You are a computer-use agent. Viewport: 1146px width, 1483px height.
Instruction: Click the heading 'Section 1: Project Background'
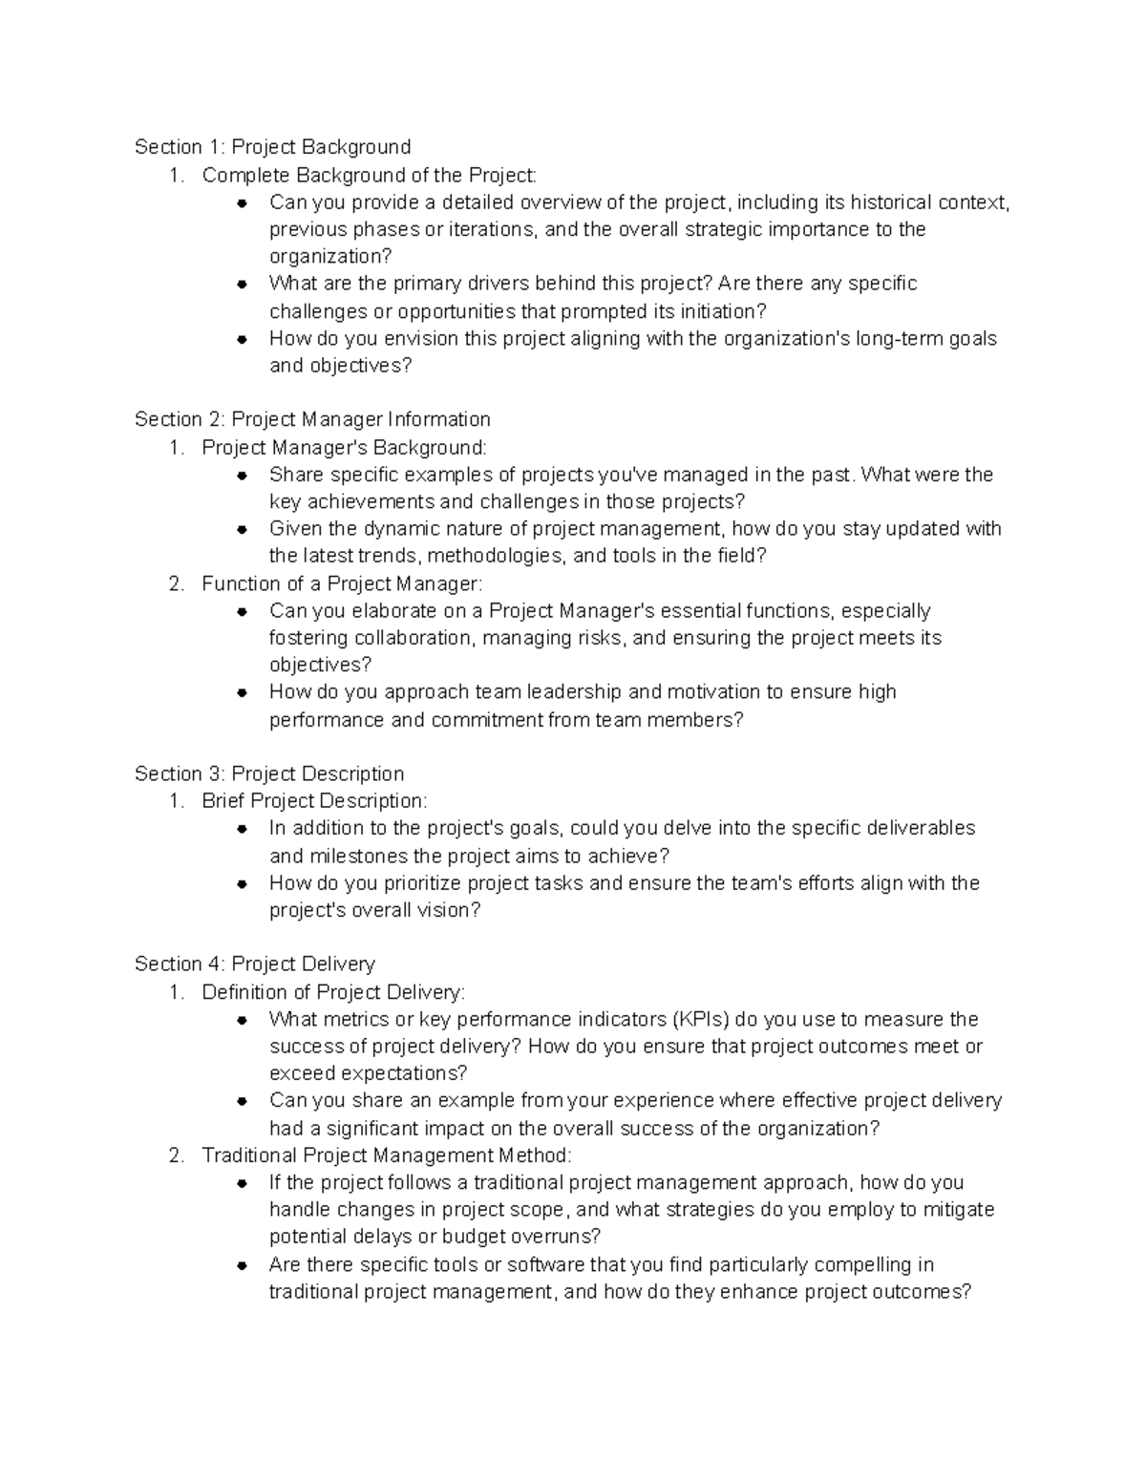pyautogui.click(x=272, y=147)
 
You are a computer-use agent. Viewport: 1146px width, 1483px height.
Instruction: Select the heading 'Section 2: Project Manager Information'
pyautogui.click(x=312, y=419)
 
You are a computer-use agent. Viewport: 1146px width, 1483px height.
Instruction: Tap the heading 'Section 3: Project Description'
pyautogui.click(x=269, y=773)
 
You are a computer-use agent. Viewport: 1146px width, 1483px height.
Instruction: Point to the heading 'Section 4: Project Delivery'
pyautogui.click(x=255, y=964)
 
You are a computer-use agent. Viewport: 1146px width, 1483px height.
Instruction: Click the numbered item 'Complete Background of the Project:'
pyautogui.click(x=369, y=175)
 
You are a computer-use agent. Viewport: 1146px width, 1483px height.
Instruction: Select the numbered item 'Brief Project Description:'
pyautogui.click(x=314, y=800)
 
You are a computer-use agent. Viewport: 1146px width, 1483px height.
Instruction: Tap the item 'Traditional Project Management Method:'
pyautogui.click(x=386, y=1155)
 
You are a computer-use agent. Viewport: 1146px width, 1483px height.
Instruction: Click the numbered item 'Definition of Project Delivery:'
pyautogui.click(x=333, y=992)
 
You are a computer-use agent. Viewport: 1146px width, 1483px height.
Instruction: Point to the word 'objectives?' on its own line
pyautogui.click(x=321, y=665)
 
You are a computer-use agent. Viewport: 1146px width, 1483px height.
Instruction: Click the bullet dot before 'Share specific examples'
pyautogui.click(x=244, y=476)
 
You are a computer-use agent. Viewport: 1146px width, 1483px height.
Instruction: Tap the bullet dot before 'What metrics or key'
pyautogui.click(x=244, y=1020)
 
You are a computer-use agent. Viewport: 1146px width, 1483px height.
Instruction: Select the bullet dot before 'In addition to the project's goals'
pyautogui.click(x=244, y=829)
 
